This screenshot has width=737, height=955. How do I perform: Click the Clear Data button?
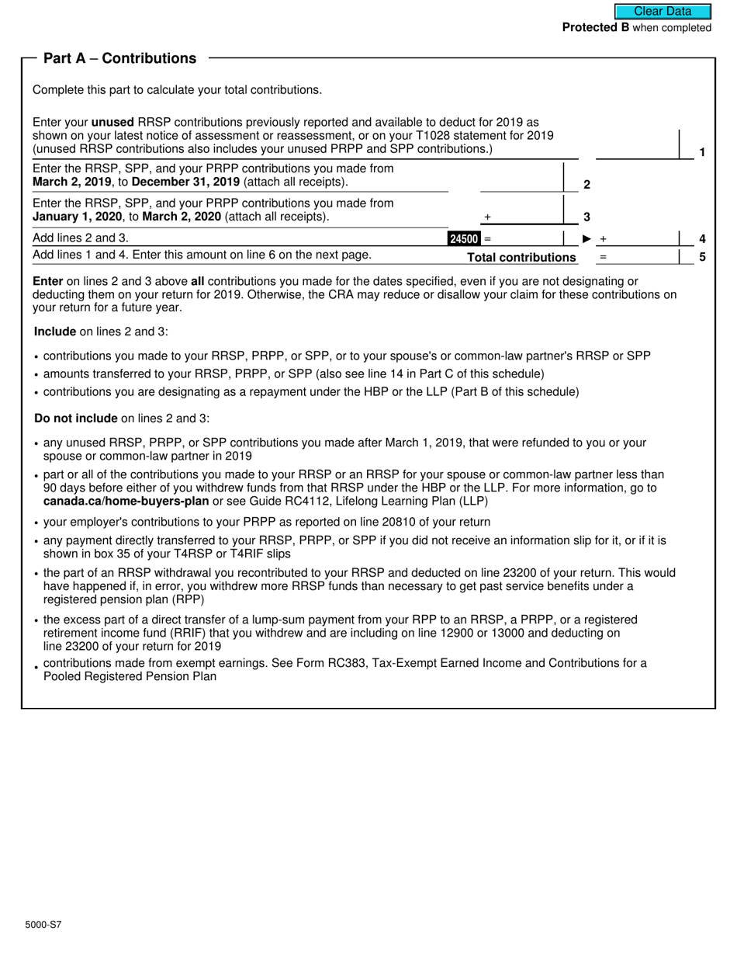pos(663,12)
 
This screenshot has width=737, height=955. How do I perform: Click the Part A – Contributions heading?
pos(119,58)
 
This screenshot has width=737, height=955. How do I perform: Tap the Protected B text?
pos(595,28)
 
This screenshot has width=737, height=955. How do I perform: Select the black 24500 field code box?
pos(464,239)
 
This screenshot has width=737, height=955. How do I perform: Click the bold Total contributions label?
pos(521,258)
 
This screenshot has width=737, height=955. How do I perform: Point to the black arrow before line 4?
pos(586,239)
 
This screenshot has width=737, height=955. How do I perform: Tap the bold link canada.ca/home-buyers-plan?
pos(120,501)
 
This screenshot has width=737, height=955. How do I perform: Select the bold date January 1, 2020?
pos(77,216)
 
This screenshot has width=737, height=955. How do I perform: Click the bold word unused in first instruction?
pos(112,122)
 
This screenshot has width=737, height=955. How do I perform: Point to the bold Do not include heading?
pos(76,418)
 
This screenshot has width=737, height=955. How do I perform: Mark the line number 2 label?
pos(586,185)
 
